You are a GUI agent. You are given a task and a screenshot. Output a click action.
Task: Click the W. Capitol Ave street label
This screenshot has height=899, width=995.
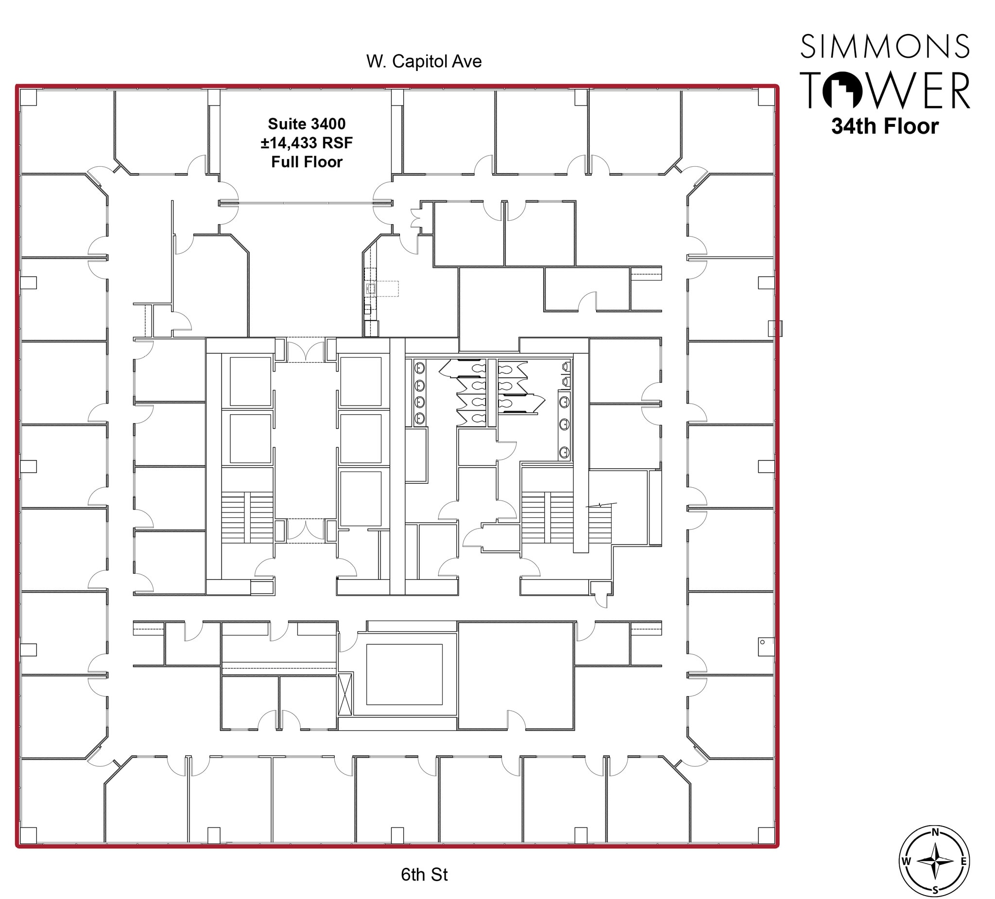click(x=424, y=61)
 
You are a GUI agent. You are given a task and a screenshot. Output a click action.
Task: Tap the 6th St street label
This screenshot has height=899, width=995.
click(x=424, y=874)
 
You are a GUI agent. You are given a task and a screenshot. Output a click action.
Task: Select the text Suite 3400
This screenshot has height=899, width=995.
click(x=307, y=123)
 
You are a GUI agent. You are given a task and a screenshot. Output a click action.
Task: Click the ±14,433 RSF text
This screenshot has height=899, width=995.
click(x=307, y=143)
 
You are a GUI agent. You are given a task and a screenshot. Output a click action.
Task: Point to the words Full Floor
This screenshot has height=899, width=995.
click(x=307, y=162)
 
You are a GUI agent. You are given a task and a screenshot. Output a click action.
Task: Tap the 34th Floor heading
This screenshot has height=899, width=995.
click(x=884, y=126)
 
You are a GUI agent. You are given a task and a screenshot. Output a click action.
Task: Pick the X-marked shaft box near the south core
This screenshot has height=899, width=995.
click(x=345, y=693)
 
